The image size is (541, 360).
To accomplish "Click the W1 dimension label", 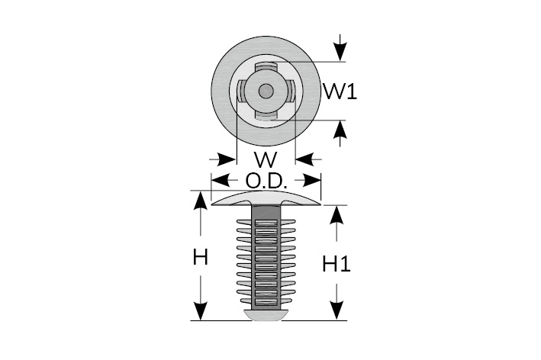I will pos(340,92).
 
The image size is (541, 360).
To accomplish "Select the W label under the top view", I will pos(265,160).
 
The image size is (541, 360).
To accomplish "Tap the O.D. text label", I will pos(266,182).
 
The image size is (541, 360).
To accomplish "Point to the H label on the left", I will pos(200,258).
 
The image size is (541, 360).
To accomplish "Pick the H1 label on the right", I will pos(336,265).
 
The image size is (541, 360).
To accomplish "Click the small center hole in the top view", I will pos(265,92).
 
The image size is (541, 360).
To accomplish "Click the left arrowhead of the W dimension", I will pos(227,159).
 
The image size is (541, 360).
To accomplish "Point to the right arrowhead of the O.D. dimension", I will pos(311,181).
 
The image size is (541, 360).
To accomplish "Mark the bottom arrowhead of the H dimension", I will pos(200,312).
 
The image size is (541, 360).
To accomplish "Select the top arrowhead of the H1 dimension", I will pos(334,213).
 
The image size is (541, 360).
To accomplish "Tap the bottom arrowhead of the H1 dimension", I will pos(334,312).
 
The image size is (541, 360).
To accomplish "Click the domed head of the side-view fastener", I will pos(266,198).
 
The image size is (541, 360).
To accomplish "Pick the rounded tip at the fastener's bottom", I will pos(266,314).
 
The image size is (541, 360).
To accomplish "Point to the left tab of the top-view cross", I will pos(241,92).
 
